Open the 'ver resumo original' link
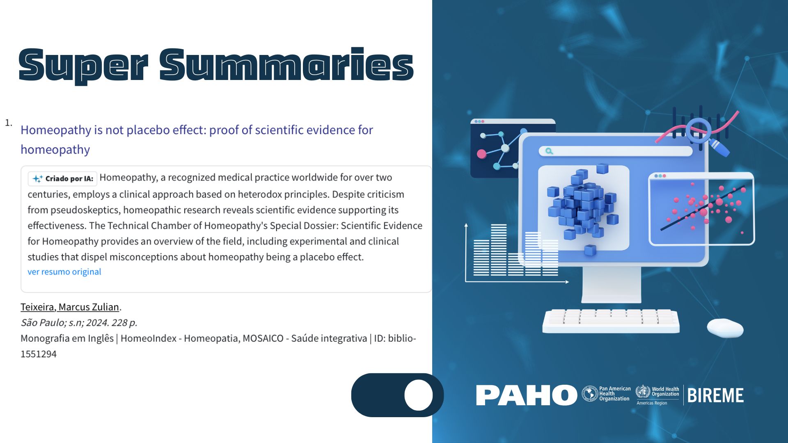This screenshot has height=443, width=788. pyautogui.click(x=64, y=272)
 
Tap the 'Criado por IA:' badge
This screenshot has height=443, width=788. pyautogui.click(x=62, y=178)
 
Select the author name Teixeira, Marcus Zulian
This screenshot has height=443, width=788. pyautogui.click(x=70, y=307)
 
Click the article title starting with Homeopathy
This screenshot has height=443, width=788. pyautogui.click(x=197, y=139)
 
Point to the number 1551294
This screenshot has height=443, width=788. pyautogui.click(x=39, y=354)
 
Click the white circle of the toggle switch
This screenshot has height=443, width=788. pyautogui.click(x=418, y=395)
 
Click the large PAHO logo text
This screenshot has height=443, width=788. pyautogui.click(x=527, y=395)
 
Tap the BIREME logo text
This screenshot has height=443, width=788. pyautogui.click(x=715, y=396)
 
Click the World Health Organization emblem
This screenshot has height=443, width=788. pyautogui.click(x=643, y=392)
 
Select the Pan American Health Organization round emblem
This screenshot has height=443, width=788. pyautogui.click(x=590, y=394)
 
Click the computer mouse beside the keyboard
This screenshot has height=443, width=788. pyautogui.click(x=725, y=328)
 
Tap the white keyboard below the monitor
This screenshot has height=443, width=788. pyautogui.click(x=611, y=321)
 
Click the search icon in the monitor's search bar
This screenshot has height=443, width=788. pyautogui.click(x=549, y=151)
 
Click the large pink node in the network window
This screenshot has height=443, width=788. pyautogui.click(x=481, y=154)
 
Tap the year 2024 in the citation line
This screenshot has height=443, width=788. pyautogui.click(x=97, y=323)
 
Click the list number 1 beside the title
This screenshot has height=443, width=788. pyautogui.click(x=8, y=123)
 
